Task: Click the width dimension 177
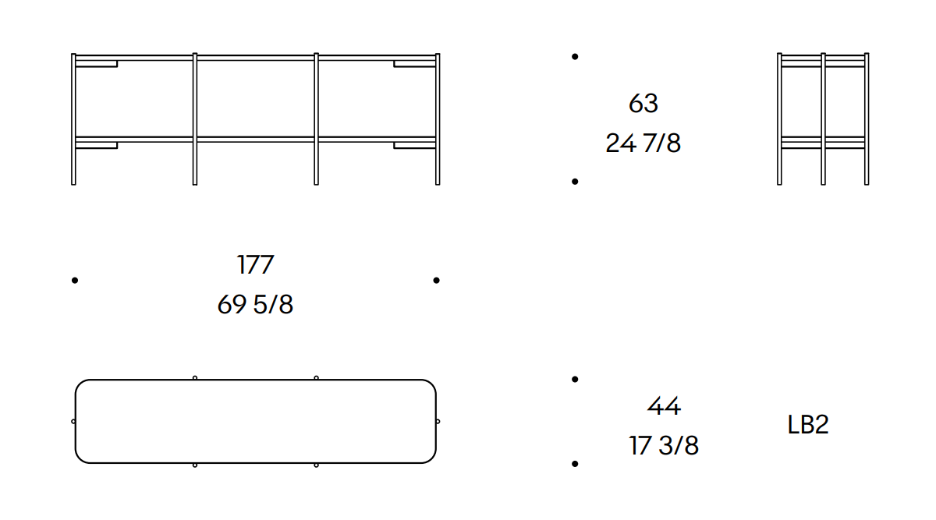pyautogui.click(x=255, y=264)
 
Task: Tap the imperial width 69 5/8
pyautogui.click(x=255, y=304)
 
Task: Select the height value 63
pyautogui.click(x=643, y=103)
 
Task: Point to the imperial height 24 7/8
pyautogui.click(x=643, y=143)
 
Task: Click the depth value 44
pyautogui.click(x=664, y=405)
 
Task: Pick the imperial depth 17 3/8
pyautogui.click(x=664, y=445)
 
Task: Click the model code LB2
pyautogui.click(x=808, y=425)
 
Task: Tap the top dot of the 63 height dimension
pyautogui.click(x=575, y=56)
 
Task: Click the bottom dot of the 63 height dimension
pyautogui.click(x=575, y=182)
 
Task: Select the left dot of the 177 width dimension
pyautogui.click(x=75, y=280)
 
